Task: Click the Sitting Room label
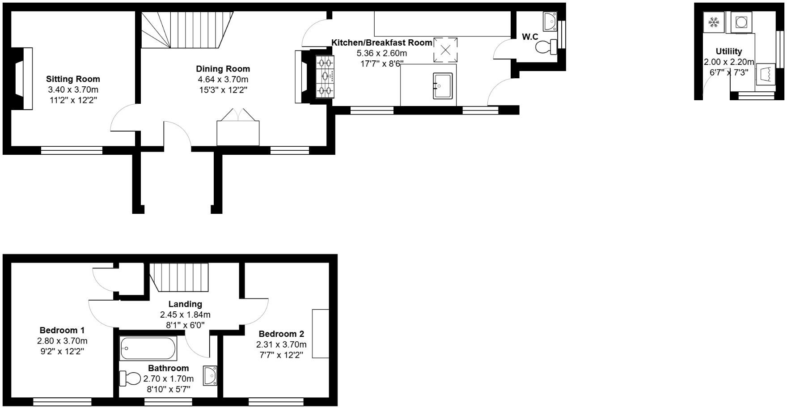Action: click(x=73, y=79)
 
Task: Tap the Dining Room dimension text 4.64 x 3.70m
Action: click(x=223, y=80)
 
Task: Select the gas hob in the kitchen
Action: click(x=325, y=76)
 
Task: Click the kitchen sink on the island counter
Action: click(x=443, y=85)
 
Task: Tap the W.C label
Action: click(x=530, y=37)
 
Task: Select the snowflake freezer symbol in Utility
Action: click(x=713, y=22)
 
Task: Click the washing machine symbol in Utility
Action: click(x=741, y=22)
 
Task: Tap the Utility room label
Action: click(x=728, y=51)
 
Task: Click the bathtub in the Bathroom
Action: click(x=148, y=348)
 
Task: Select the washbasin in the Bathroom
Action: click(x=210, y=375)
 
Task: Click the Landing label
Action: click(x=185, y=304)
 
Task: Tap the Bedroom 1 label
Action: click(x=62, y=331)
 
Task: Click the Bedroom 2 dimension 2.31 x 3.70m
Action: click(x=281, y=344)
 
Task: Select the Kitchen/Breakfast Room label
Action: click(x=381, y=42)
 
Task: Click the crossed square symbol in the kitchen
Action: click(x=445, y=49)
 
